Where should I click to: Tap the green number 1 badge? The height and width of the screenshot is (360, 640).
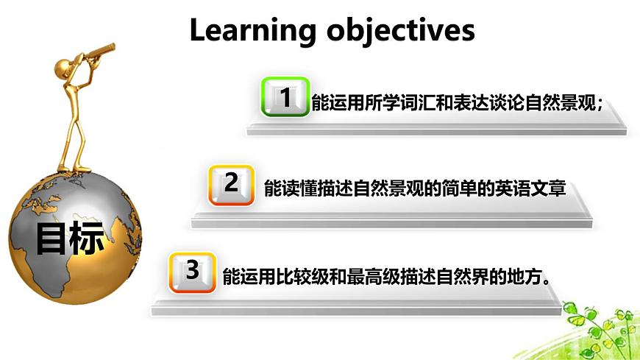(285, 97)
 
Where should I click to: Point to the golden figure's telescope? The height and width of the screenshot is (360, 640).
(97, 53)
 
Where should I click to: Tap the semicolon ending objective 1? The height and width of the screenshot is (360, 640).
(600, 105)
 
